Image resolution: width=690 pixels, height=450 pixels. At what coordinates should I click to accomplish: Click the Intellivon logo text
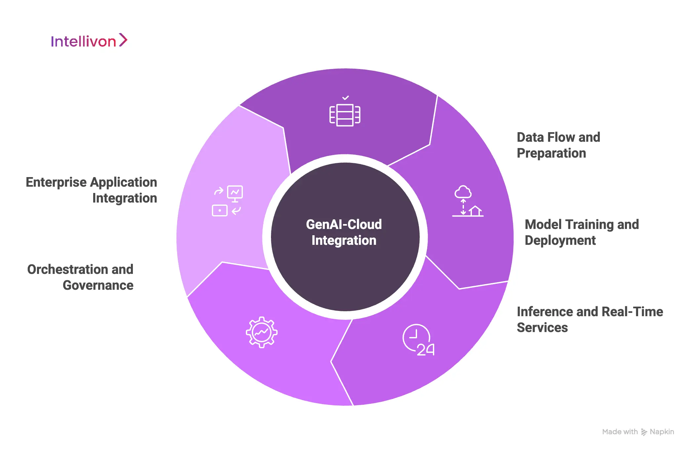83,42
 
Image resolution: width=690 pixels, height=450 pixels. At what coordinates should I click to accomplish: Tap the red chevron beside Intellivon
123,40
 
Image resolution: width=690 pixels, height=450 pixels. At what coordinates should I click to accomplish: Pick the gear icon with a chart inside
261,332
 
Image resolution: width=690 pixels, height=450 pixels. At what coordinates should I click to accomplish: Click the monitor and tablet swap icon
227,201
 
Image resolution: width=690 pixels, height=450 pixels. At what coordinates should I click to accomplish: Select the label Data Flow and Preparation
558,145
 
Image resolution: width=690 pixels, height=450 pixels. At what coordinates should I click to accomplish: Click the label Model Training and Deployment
582,232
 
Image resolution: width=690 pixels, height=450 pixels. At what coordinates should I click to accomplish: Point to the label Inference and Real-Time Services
590,319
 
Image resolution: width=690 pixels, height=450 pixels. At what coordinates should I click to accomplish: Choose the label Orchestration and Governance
80,277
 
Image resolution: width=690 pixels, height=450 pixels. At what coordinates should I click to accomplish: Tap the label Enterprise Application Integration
92,190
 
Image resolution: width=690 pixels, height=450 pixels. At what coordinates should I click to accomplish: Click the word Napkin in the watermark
662,432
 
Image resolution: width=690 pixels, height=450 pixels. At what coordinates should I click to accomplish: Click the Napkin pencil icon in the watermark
644,432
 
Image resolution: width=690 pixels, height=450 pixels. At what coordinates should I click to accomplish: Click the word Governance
98,285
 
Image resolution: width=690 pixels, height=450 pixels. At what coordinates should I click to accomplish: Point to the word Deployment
560,241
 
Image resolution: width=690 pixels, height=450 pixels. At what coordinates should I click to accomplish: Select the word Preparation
551,153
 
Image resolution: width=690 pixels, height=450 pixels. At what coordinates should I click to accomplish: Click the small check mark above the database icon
345,97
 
